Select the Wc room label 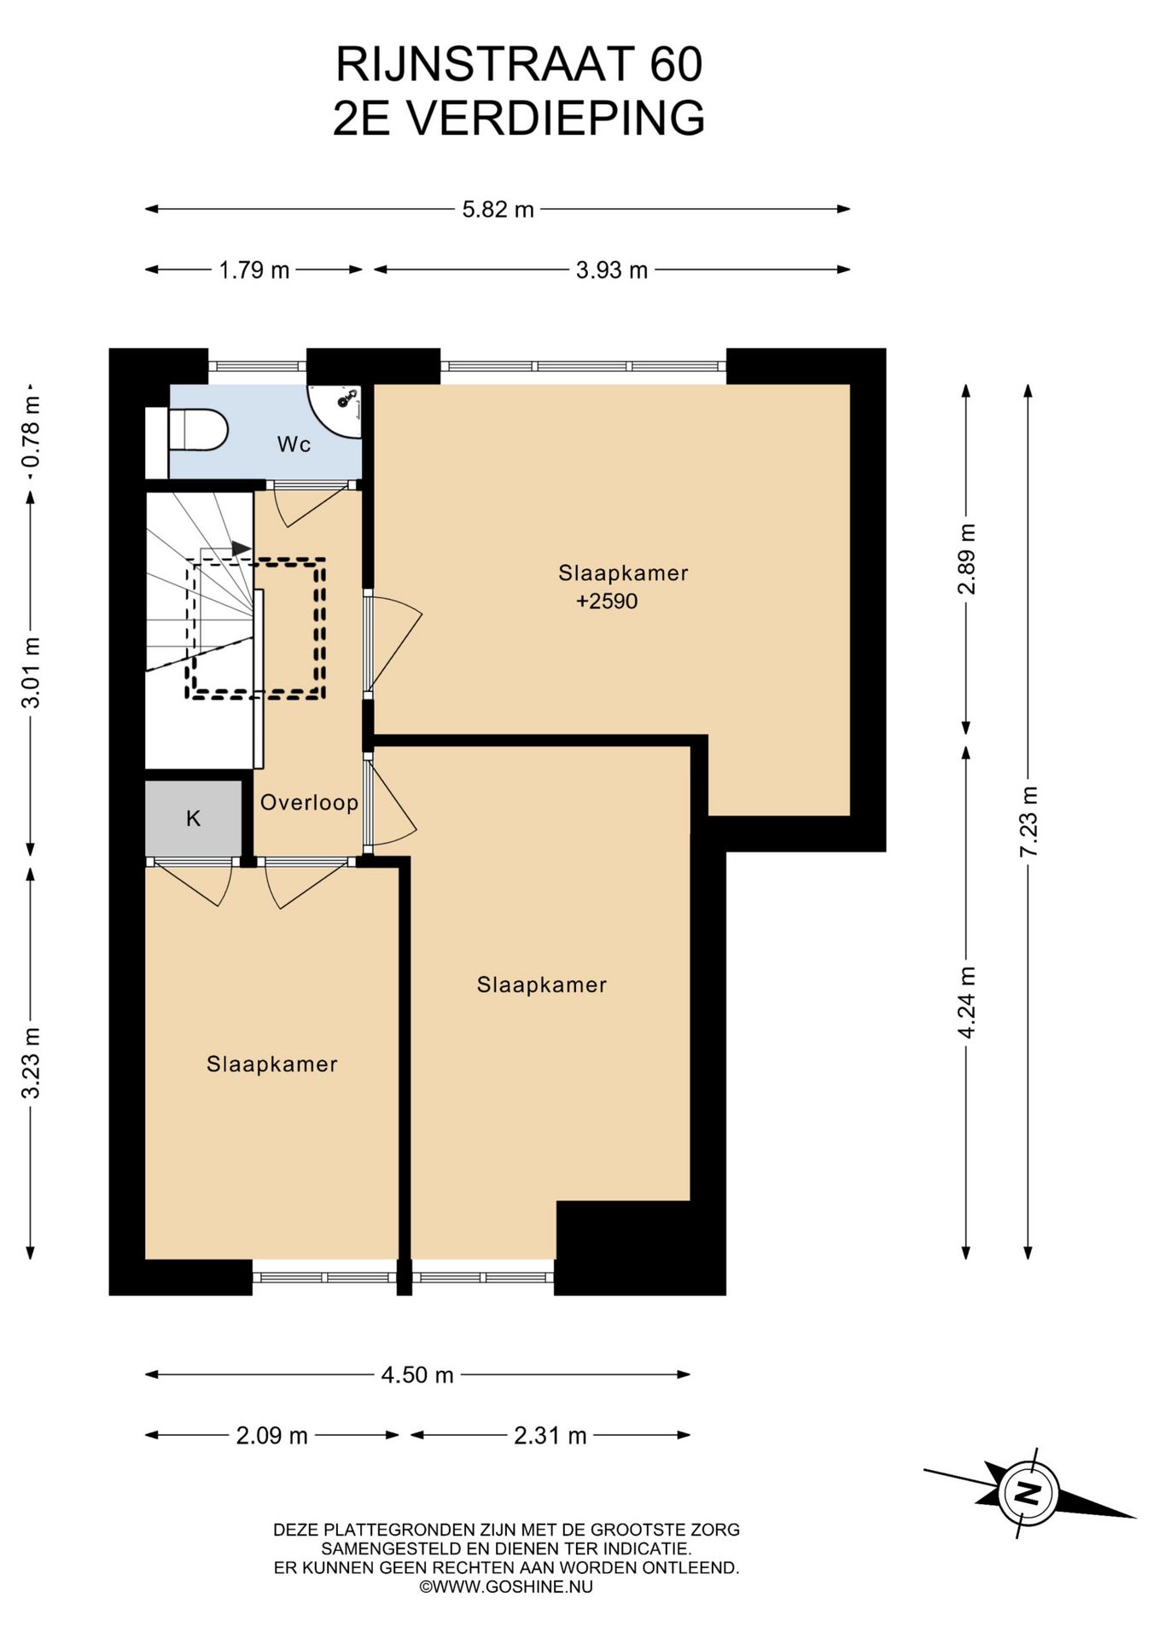(x=294, y=444)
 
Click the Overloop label (x=309, y=802)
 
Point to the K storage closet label (x=194, y=819)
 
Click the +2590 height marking (x=607, y=601)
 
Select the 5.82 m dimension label (x=498, y=209)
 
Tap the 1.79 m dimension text (x=254, y=270)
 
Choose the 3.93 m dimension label (x=612, y=270)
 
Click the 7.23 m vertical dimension (x=1029, y=822)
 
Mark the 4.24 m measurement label (x=967, y=1002)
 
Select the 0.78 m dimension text (x=31, y=432)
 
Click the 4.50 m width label (x=417, y=1374)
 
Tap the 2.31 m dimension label (x=550, y=1436)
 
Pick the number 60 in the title (x=676, y=65)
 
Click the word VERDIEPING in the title (x=556, y=118)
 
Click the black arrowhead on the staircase (x=242, y=548)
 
